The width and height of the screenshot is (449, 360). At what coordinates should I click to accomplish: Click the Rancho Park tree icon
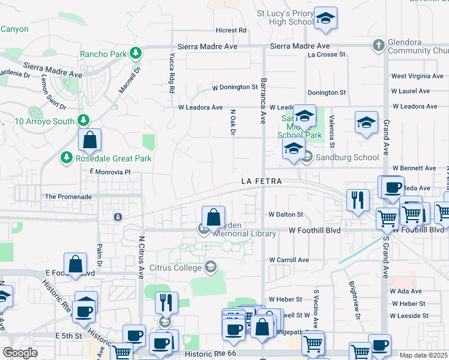click(x=137, y=54)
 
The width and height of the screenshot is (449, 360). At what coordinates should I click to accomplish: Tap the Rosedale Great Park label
click(x=113, y=159)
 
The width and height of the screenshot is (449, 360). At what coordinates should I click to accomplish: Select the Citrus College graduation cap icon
click(x=210, y=267)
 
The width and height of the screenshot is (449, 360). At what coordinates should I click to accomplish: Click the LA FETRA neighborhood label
click(x=262, y=181)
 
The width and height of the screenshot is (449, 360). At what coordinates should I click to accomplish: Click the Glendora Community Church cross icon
click(x=379, y=44)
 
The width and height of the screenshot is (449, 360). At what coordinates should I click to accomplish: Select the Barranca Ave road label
click(x=263, y=100)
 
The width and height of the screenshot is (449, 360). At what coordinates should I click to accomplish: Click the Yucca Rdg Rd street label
click(x=171, y=73)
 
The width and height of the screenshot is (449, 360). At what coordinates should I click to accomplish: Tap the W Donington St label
click(x=235, y=88)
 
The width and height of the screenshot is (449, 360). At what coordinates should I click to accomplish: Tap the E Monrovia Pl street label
click(x=110, y=172)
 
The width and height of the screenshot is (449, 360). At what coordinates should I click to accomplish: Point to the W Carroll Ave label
click(x=289, y=260)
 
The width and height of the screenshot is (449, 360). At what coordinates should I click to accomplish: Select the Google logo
click(x=20, y=353)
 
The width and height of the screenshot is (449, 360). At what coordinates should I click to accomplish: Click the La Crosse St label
click(x=327, y=55)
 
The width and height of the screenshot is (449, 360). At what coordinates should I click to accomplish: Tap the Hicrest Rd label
click(x=231, y=30)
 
